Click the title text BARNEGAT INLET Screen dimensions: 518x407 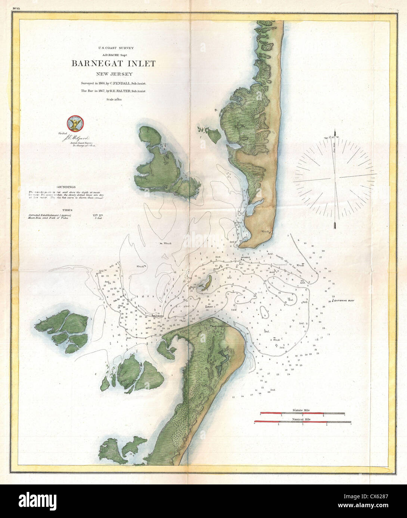[x=114, y=63]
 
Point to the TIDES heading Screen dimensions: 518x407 [x=68, y=210]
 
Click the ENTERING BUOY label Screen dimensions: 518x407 [x=344, y=300]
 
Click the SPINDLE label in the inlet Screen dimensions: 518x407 [x=246, y=258]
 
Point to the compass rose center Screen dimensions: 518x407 [x=335, y=176]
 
